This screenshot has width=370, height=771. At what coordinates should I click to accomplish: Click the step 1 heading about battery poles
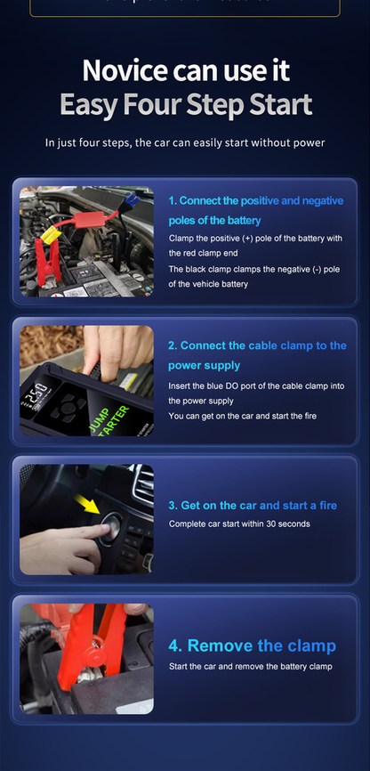coord(254,210)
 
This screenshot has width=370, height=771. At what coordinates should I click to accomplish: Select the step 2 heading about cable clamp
coord(257,355)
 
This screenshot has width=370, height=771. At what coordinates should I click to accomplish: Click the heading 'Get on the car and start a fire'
coord(253,505)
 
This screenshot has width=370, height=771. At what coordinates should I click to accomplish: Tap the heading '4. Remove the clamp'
coord(252,645)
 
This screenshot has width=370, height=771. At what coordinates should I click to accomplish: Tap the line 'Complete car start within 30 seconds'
coord(239,523)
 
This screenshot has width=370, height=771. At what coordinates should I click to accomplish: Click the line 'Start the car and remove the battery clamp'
coord(250,666)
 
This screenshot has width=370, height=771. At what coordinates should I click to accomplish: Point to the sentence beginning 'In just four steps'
coord(184,142)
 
